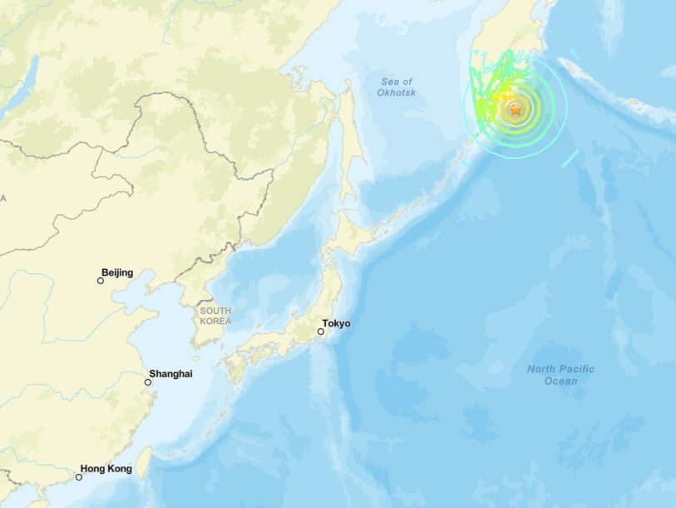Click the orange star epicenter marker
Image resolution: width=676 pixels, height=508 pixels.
click(516, 109)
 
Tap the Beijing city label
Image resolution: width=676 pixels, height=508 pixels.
click(117, 272)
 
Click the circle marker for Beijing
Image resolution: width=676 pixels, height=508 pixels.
click(101, 281)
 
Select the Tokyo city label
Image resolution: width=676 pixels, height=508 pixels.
click(336, 323)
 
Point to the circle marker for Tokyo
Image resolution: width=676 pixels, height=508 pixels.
click(321, 331)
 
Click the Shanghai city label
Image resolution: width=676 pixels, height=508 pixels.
click(170, 374)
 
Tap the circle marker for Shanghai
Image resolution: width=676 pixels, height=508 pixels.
click(148, 382)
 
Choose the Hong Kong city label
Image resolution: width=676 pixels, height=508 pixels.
click(106, 469)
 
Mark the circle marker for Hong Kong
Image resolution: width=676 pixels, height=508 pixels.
click(79, 477)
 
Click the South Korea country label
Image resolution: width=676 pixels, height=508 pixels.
click(215, 316)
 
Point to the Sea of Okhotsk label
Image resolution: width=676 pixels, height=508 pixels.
click(397, 87)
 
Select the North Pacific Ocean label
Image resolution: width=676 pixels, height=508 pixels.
click(560, 375)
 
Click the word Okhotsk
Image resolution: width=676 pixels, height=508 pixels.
click(397, 92)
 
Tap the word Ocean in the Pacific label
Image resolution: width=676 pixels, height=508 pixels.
click(560, 381)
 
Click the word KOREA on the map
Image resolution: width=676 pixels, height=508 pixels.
click(215, 321)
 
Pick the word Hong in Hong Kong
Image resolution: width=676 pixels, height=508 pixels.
click(93, 469)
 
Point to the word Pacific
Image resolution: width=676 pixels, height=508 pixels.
click(575, 369)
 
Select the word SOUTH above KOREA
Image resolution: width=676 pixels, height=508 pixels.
click(215, 311)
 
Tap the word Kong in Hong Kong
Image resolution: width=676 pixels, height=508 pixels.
click(120, 469)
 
